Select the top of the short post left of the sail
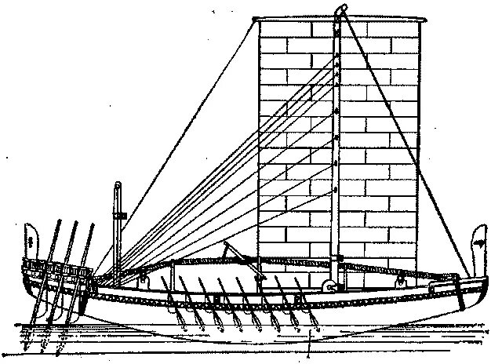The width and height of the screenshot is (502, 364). pyautogui.click(x=118, y=187)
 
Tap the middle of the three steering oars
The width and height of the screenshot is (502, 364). pyautogui.click(x=66, y=267)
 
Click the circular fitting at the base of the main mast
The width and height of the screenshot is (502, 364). pyautogui.click(x=334, y=286)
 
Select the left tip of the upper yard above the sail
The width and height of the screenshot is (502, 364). pyautogui.click(x=258, y=17)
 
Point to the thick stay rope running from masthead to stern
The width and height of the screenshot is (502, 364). pyautogui.click(x=408, y=141)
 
